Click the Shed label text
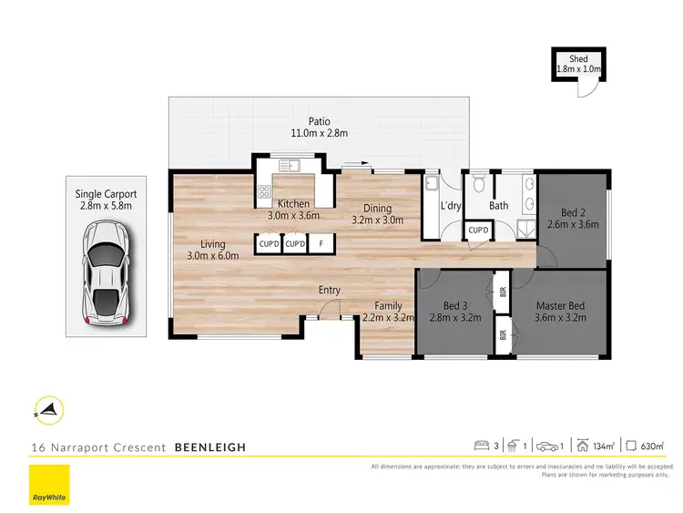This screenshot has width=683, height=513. [578, 59]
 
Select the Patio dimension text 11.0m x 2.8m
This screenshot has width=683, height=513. [319, 133]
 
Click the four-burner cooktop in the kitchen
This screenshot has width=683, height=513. [265, 191]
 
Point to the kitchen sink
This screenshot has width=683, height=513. [291, 166]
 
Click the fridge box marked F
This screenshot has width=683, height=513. [321, 243]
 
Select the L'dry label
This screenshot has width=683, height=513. [451, 206]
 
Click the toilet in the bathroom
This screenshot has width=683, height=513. [479, 180]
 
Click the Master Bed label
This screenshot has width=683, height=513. [560, 305]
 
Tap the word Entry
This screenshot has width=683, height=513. [330, 291]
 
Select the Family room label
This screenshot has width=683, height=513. [389, 305]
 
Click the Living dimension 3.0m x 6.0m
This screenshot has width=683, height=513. [213, 256]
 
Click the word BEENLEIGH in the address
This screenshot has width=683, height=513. [209, 447]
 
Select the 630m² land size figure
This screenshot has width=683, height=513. [653, 446]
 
